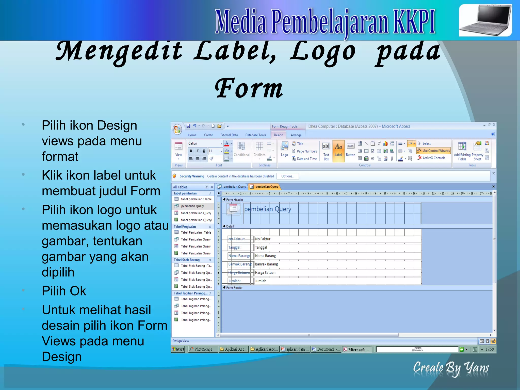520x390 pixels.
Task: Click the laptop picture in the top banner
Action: [485, 21]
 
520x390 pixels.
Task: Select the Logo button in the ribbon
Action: [284, 150]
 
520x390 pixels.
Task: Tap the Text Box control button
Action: [326, 151]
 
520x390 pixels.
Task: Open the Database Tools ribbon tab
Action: [255, 135]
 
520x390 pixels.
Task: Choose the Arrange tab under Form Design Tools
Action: [296, 135]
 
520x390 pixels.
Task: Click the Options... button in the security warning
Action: [288, 176]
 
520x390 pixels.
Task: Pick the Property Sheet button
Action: [477, 151]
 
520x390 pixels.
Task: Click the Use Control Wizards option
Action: [434, 151]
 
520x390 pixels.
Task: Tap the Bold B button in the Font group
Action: [191, 151]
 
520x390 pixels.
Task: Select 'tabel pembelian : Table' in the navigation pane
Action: [196, 199]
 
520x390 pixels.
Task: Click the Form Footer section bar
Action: [234, 288]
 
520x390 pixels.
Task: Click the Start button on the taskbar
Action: [178, 349]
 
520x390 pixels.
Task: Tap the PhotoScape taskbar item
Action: [203, 349]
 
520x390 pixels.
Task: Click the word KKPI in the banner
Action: [414, 22]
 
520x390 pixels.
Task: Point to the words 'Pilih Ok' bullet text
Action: [64, 291]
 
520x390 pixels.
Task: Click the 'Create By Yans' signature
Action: [451, 368]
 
